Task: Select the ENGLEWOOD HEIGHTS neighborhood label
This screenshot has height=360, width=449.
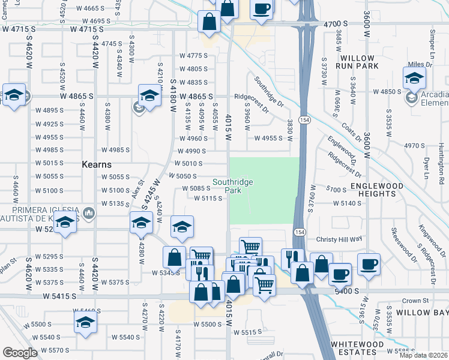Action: tap(376, 190)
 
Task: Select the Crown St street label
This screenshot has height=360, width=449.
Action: tap(414, 301)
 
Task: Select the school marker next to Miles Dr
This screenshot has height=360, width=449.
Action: tap(414, 77)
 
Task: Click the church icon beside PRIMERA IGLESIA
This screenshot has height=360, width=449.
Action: tap(89, 212)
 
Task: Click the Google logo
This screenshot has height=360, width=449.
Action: tap(20, 353)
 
